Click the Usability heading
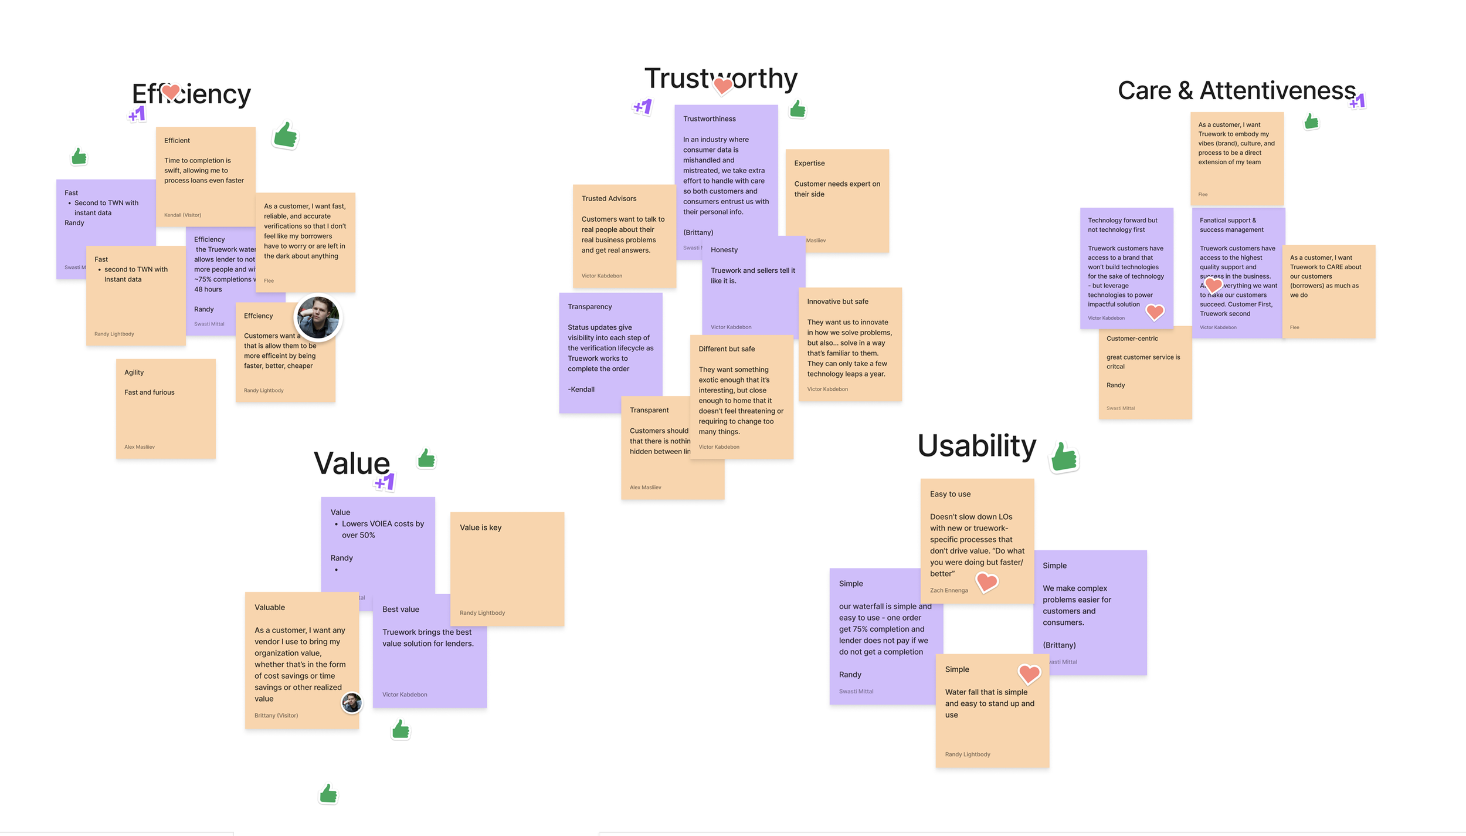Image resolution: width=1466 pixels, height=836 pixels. pyautogui.click(x=976, y=446)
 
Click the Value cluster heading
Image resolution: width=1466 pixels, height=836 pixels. pyautogui.click(x=352, y=463)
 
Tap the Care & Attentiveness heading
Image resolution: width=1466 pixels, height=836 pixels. pyautogui.click(x=1236, y=91)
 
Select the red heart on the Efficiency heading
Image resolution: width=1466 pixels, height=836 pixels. pyautogui.click(x=171, y=92)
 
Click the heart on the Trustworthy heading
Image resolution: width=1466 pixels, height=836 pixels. pyautogui.click(x=723, y=86)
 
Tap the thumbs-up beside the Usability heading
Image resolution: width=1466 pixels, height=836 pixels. pyautogui.click(x=1064, y=457)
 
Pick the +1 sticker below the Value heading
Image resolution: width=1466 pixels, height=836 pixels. pyautogui.click(x=385, y=482)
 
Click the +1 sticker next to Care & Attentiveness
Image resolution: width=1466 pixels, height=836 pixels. pyautogui.click(x=1357, y=101)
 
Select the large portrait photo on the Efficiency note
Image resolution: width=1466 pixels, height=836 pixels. pyautogui.click(x=318, y=317)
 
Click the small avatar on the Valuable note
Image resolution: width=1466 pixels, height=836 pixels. pyautogui.click(x=352, y=702)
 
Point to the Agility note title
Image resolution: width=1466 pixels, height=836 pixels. pyautogui.click(x=134, y=373)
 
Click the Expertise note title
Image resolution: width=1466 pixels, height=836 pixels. pyautogui.click(x=809, y=163)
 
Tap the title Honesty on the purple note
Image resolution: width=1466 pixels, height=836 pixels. pyautogui.click(x=724, y=250)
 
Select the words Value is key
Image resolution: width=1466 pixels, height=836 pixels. pyautogui.click(x=480, y=527)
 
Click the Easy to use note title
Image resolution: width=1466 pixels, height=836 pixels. pyautogui.click(x=950, y=494)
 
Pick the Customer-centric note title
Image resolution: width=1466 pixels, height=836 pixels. pyautogui.click(x=1132, y=339)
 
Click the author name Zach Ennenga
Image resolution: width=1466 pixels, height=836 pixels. pyautogui.click(x=948, y=590)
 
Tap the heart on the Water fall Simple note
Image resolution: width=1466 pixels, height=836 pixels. pyautogui.click(x=1029, y=673)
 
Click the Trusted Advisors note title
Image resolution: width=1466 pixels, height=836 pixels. pyautogui.click(x=609, y=199)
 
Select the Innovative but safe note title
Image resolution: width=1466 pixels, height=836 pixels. pyautogui.click(x=837, y=302)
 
